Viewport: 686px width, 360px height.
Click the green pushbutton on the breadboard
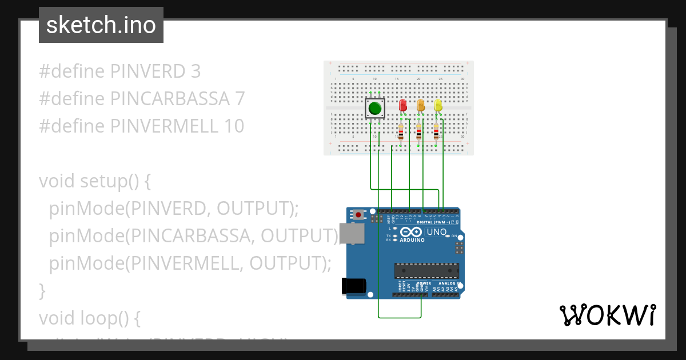tap(375, 108)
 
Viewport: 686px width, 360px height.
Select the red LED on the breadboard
tap(402, 106)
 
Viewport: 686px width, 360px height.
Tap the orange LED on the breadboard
tap(421, 106)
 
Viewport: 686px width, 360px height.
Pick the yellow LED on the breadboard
tap(438, 106)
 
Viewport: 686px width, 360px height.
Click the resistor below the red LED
tap(401, 133)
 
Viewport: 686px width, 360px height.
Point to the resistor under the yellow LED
tap(437, 133)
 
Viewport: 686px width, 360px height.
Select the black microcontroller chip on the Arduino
tap(426, 271)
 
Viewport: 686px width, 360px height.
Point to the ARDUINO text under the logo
tap(412, 240)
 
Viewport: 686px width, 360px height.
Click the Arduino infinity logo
tap(412, 231)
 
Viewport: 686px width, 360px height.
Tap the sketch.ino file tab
tap(101, 25)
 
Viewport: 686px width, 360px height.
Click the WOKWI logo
tap(607, 315)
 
